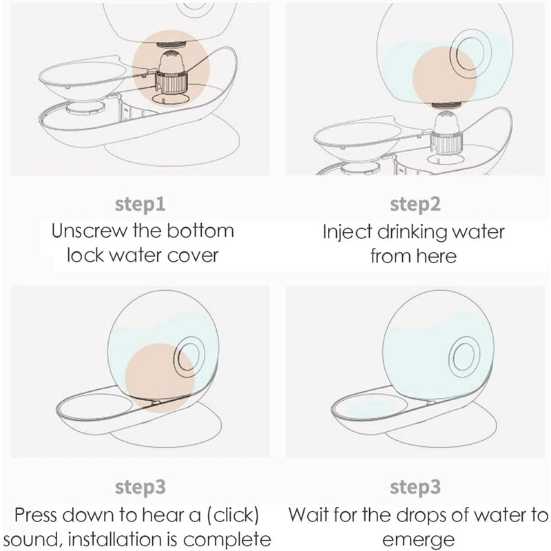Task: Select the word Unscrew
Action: click(x=90, y=231)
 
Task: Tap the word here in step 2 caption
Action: click(x=437, y=256)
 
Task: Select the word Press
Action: click(x=37, y=515)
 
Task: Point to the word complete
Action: click(x=227, y=540)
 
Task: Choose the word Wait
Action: click(x=309, y=515)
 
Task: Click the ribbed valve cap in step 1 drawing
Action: click(x=171, y=81)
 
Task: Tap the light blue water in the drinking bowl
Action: click(x=370, y=408)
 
